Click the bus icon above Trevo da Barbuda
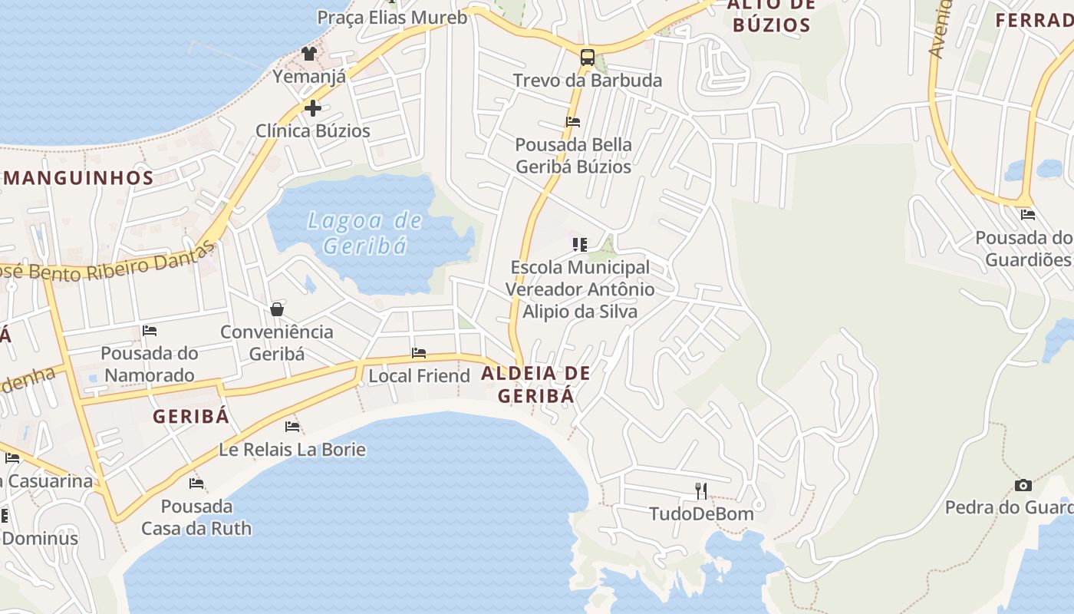[587, 57]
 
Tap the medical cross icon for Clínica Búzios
[312, 108]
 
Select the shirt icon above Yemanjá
[309, 54]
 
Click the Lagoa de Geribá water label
[364, 233]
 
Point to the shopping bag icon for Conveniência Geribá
[277, 309]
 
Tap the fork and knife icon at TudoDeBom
[700, 491]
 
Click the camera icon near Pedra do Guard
[1023, 485]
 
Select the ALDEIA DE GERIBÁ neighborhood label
[536, 385]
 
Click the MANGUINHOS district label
[79, 178]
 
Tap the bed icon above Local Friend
[419, 353]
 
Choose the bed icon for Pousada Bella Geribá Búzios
[573, 122]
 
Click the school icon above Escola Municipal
[580, 245]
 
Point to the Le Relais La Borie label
[292, 449]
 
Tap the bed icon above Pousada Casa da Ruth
[196, 484]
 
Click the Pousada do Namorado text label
[150, 364]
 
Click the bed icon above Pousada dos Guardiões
[1028, 215]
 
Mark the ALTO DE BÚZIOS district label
[771, 15]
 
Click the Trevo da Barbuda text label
[587, 81]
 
